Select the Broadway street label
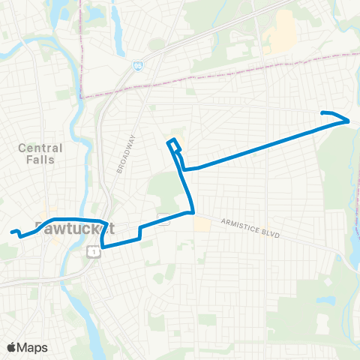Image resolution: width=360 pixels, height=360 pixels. [x=125, y=154]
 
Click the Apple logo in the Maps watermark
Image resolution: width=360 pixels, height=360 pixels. [x=12, y=347]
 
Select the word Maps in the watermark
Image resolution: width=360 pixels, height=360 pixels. [x=32, y=347]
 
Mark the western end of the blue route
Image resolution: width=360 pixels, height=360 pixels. [x=11, y=232]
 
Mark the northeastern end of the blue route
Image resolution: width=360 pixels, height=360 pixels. [x=322, y=112]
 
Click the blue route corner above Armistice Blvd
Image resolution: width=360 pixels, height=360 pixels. [x=193, y=211]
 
